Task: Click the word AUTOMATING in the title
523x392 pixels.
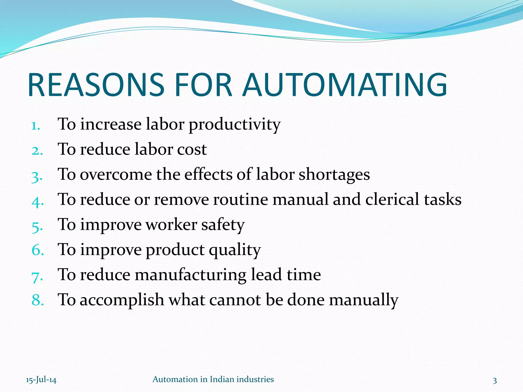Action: click(345, 85)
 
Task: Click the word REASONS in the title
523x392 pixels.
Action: click(96, 85)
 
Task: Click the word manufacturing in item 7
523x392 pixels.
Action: click(191, 275)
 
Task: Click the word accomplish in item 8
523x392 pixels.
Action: click(122, 300)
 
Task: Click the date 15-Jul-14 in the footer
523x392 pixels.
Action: click(41, 380)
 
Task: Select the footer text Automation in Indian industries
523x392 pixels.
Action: click(213, 379)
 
